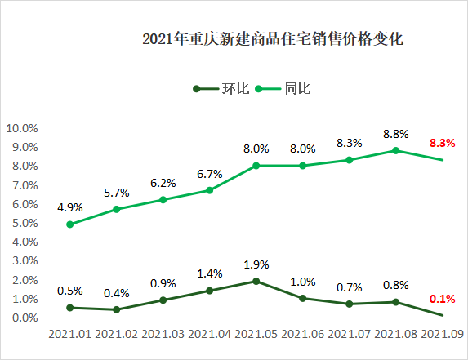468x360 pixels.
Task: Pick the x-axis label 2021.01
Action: pos(70,336)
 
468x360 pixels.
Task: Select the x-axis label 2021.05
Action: pos(256,336)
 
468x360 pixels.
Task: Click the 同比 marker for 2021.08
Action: pos(396,150)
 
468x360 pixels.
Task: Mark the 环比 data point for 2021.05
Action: pos(256,282)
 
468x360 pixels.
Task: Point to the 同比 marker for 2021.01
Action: pos(70,224)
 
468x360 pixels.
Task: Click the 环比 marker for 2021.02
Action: pos(117,310)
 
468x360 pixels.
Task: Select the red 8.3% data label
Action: pos(442,144)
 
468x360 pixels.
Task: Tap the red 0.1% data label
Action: pos(442,299)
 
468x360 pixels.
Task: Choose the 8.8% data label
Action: pos(396,134)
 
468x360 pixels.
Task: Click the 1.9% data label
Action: pos(256,265)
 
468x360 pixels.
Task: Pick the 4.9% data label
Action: pos(70,207)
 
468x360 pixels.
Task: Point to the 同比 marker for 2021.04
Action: pos(210,190)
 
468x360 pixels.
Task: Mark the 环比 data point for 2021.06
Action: pos(303,299)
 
